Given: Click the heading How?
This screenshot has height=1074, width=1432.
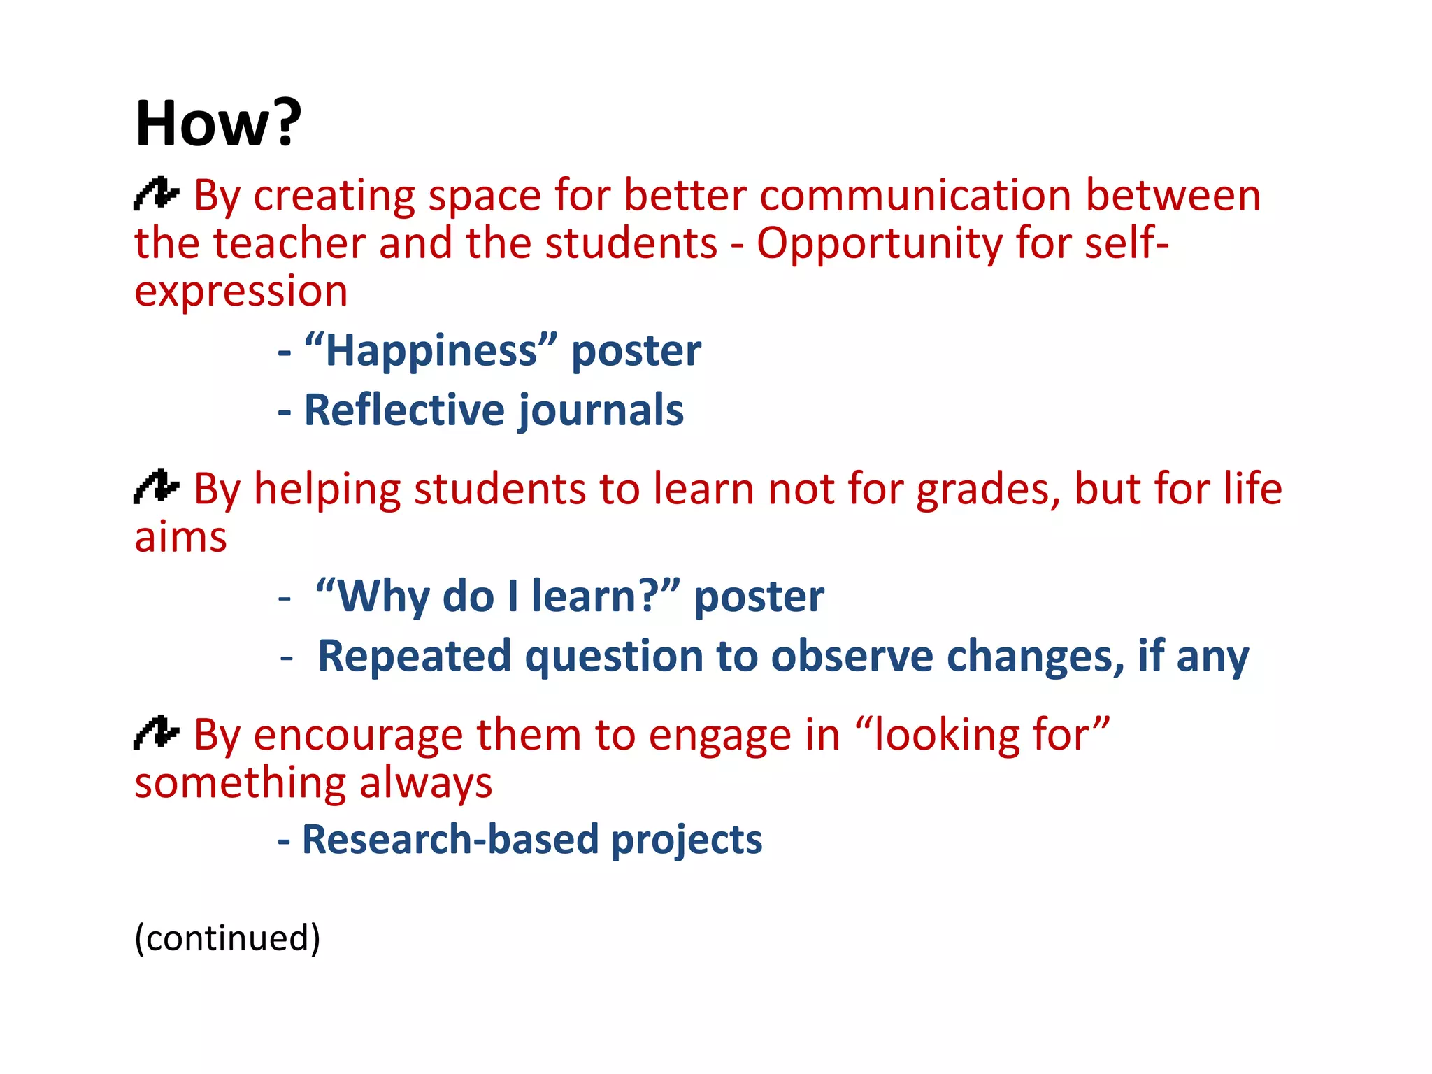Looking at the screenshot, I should tap(217, 124).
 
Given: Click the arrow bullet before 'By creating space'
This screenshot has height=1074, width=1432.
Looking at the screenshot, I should tap(156, 194).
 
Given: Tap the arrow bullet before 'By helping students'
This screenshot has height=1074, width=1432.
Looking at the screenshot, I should tap(156, 487).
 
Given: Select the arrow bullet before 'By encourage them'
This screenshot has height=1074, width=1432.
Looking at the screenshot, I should tap(156, 733).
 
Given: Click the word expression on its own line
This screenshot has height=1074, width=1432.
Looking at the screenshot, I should tap(241, 292).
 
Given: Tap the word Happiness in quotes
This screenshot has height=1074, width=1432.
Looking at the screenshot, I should tap(431, 351).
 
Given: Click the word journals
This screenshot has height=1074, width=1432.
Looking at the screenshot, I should tap(601, 411).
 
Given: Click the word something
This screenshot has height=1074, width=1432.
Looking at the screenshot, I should tap(240, 783).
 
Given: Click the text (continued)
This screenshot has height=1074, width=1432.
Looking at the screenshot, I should tap(227, 938).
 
